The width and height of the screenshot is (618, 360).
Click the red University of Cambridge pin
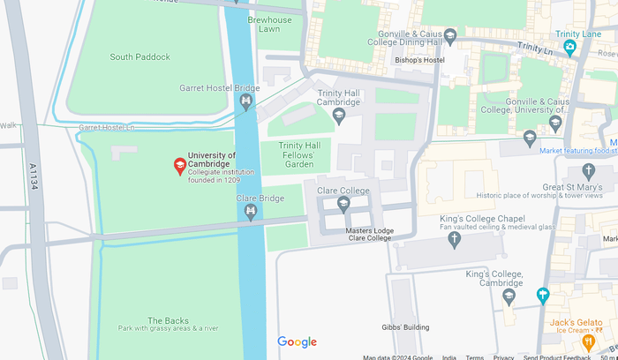tap(179, 165)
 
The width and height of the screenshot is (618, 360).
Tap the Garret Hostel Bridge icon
tap(246, 104)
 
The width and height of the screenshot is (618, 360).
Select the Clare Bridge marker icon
tap(252, 212)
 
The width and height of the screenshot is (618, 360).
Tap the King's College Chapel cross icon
tap(455, 238)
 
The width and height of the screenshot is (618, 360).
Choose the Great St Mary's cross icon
tap(589, 170)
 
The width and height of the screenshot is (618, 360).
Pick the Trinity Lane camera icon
tap(570, 47)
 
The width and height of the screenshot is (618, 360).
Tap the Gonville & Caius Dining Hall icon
tap(450, 36)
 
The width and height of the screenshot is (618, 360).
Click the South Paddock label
tap(139, 57)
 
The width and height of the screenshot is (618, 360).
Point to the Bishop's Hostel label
tap(418, 60)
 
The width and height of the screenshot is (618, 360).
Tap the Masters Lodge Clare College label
tap(369, 235)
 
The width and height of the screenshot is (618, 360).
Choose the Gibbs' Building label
tap(405, 327)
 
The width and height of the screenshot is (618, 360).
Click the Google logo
tap(297, 342)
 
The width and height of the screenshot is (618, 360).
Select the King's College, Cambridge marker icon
tap(509, 296)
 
